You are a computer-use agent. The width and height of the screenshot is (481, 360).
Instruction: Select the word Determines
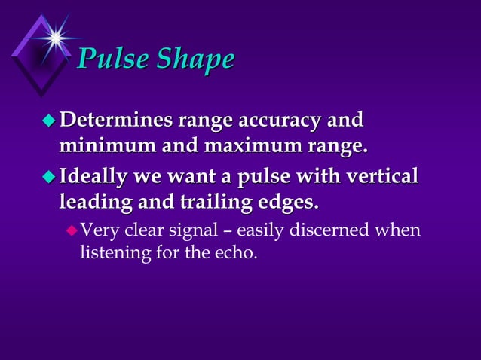click(115, 121)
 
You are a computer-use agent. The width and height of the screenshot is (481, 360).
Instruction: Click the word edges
click(287, 201)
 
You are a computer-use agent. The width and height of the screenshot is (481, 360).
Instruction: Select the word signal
click(185, 230)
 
